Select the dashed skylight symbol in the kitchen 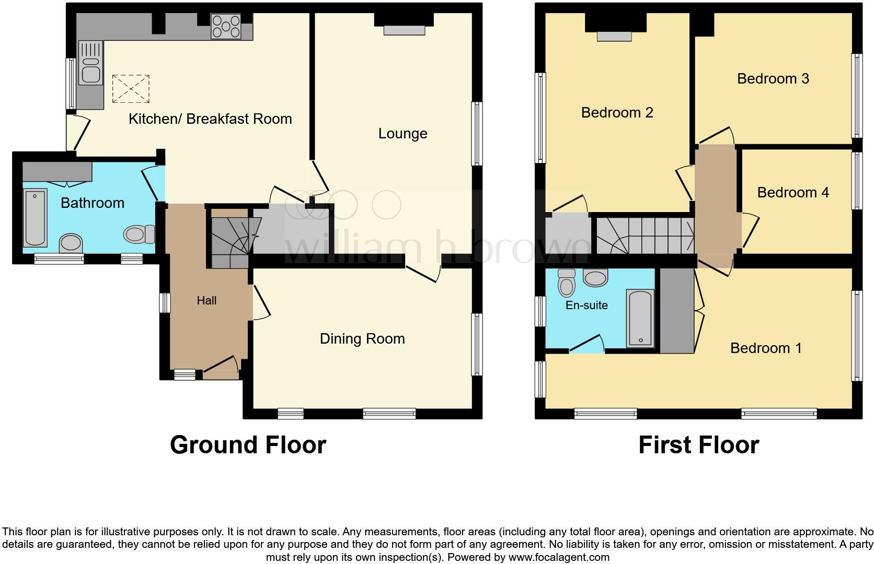point(131,89)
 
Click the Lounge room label point(402,134)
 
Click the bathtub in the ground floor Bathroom point(36,217)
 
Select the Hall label point(206,300)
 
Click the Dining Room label point(362,339)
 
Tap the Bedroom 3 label point(773,79)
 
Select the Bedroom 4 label point(792,193)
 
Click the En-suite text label point(586,305)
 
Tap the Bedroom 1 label point(765,348)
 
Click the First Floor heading point(698,445)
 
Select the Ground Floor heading point(248,445)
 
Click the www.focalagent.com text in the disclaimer point(558,557)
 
